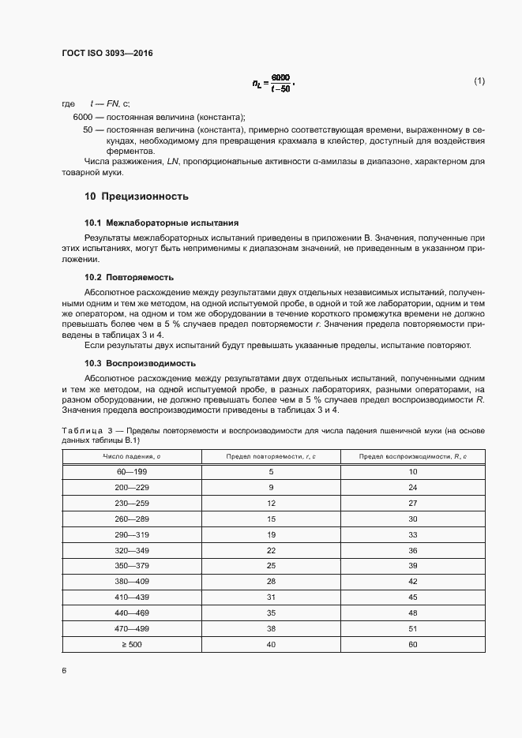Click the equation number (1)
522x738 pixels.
tap(479, 81)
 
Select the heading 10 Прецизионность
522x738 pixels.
tap(136, 196)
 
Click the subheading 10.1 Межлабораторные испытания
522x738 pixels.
tap(161, 223)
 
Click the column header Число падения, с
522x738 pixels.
tap(121, 456)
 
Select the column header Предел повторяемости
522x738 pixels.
tap(270, 456)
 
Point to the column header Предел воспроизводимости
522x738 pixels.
tap(412, 456)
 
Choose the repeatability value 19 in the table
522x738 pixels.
tap(270, 534)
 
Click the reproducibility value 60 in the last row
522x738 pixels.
tap(412, 644)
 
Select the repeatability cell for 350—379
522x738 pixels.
tap(270, 566)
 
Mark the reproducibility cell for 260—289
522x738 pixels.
tap(412, 519)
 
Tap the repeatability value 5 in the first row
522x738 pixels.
tap(270, 471)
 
